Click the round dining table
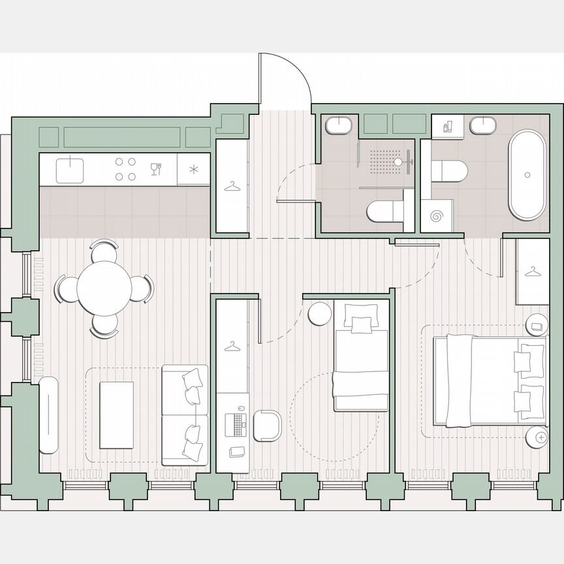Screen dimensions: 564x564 [x=104, y=288]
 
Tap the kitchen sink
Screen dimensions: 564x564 [x=70, y=170]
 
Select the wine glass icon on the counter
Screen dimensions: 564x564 [x=155, y=169]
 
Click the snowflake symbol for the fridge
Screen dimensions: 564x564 [x=194, y=170]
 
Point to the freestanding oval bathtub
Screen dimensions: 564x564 [x=527, y=175]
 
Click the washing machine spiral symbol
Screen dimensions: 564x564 [x=436, y=215]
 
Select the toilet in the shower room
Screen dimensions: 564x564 [x=385, y=210]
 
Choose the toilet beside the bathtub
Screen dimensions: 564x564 [x=450, y=171]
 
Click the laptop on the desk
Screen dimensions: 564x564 [x=234, y=424]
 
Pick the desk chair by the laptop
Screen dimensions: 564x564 [x=267, y=425]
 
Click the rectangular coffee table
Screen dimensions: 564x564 [x=116, y=415]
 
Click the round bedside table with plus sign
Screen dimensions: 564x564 [x=539, y=437]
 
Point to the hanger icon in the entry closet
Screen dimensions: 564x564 [x=232, y=187]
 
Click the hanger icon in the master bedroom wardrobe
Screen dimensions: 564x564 [x=533, y=271]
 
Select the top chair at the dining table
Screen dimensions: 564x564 [x=104, y=249]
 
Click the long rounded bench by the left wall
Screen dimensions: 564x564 [x=49, y=415]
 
